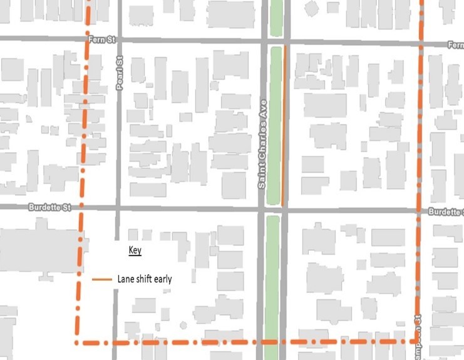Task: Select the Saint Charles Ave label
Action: tap(264, 144)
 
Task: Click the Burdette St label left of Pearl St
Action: tap(47, 207)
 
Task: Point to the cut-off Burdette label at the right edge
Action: tap(446, 212)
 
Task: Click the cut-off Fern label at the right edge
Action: tap(455, 45)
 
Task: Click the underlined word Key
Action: tap(135, 250)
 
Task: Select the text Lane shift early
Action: tap(144, 279)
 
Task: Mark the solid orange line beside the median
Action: tap(284, 125)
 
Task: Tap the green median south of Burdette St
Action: tap(272, 282)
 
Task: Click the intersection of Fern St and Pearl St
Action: tap(118, 40)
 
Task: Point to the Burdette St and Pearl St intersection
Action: tap(116, 208)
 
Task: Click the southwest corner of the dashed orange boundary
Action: tap(77, 342)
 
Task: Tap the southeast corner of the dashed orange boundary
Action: tap(418, 341)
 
